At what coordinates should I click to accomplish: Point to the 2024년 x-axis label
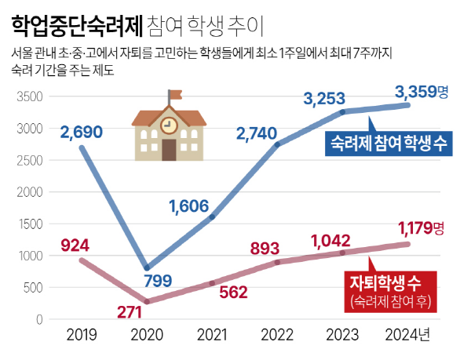click(407, 336)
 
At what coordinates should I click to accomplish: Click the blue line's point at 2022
click(278, 145)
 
